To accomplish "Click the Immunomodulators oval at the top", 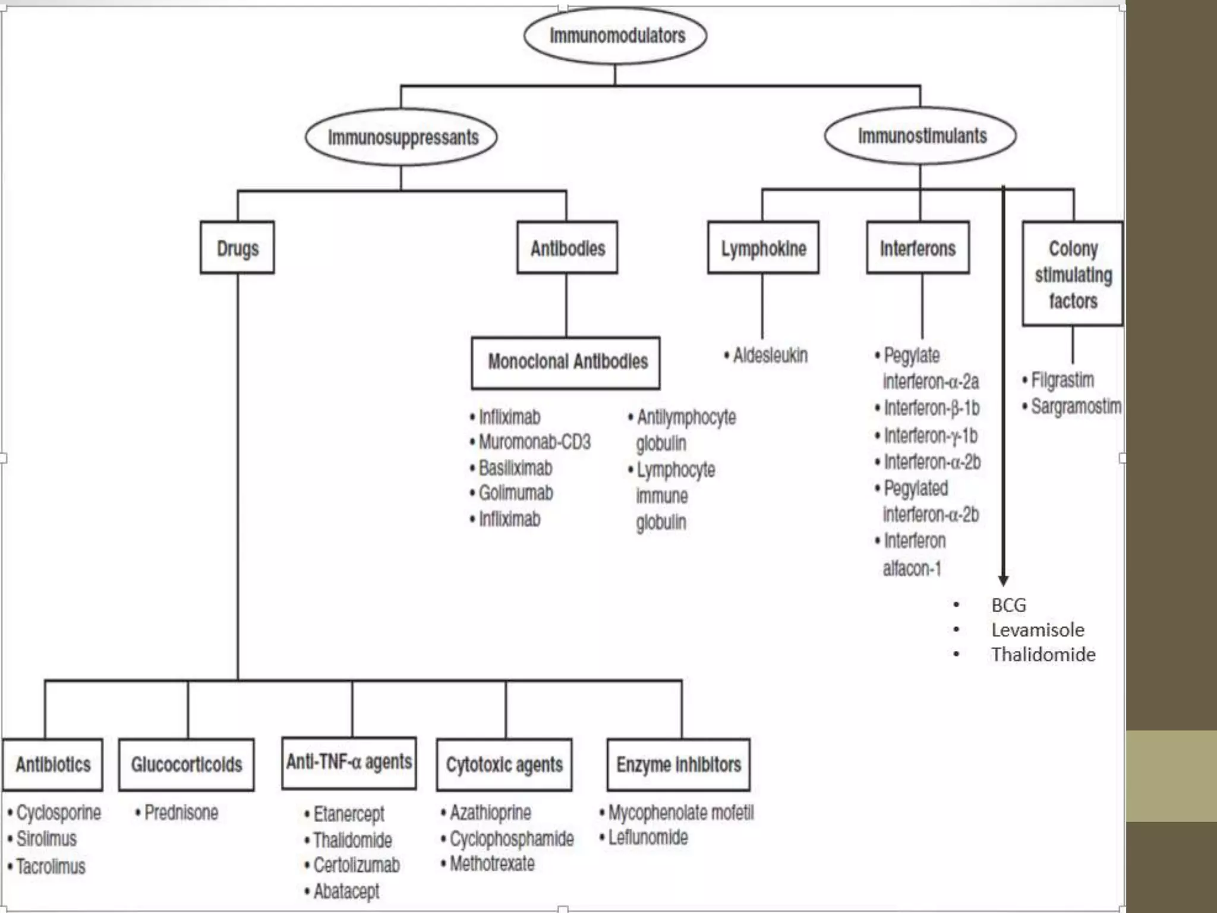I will [616, 36].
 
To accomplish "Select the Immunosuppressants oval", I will [402, 137].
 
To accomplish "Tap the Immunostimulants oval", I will [920, 136].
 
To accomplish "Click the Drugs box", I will [237, 248].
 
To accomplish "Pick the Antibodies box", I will [567, 248].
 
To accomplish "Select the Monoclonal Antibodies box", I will [566, 362].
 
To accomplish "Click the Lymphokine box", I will [763, 248].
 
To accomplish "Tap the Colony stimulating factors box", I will [1072, 274].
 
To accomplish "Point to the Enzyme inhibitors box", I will [678, 764].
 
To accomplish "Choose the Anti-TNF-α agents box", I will [349, 763].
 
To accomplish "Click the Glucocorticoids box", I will [187, 764].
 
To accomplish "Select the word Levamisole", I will [1037, 629].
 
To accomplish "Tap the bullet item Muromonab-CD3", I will [534, 442].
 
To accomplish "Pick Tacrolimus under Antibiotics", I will [51, 867].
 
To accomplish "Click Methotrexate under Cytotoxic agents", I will [491, 864].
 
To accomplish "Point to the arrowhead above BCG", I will [1003, 580].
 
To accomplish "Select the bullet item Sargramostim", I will [1075, 407].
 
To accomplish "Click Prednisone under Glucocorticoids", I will [181, 813].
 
